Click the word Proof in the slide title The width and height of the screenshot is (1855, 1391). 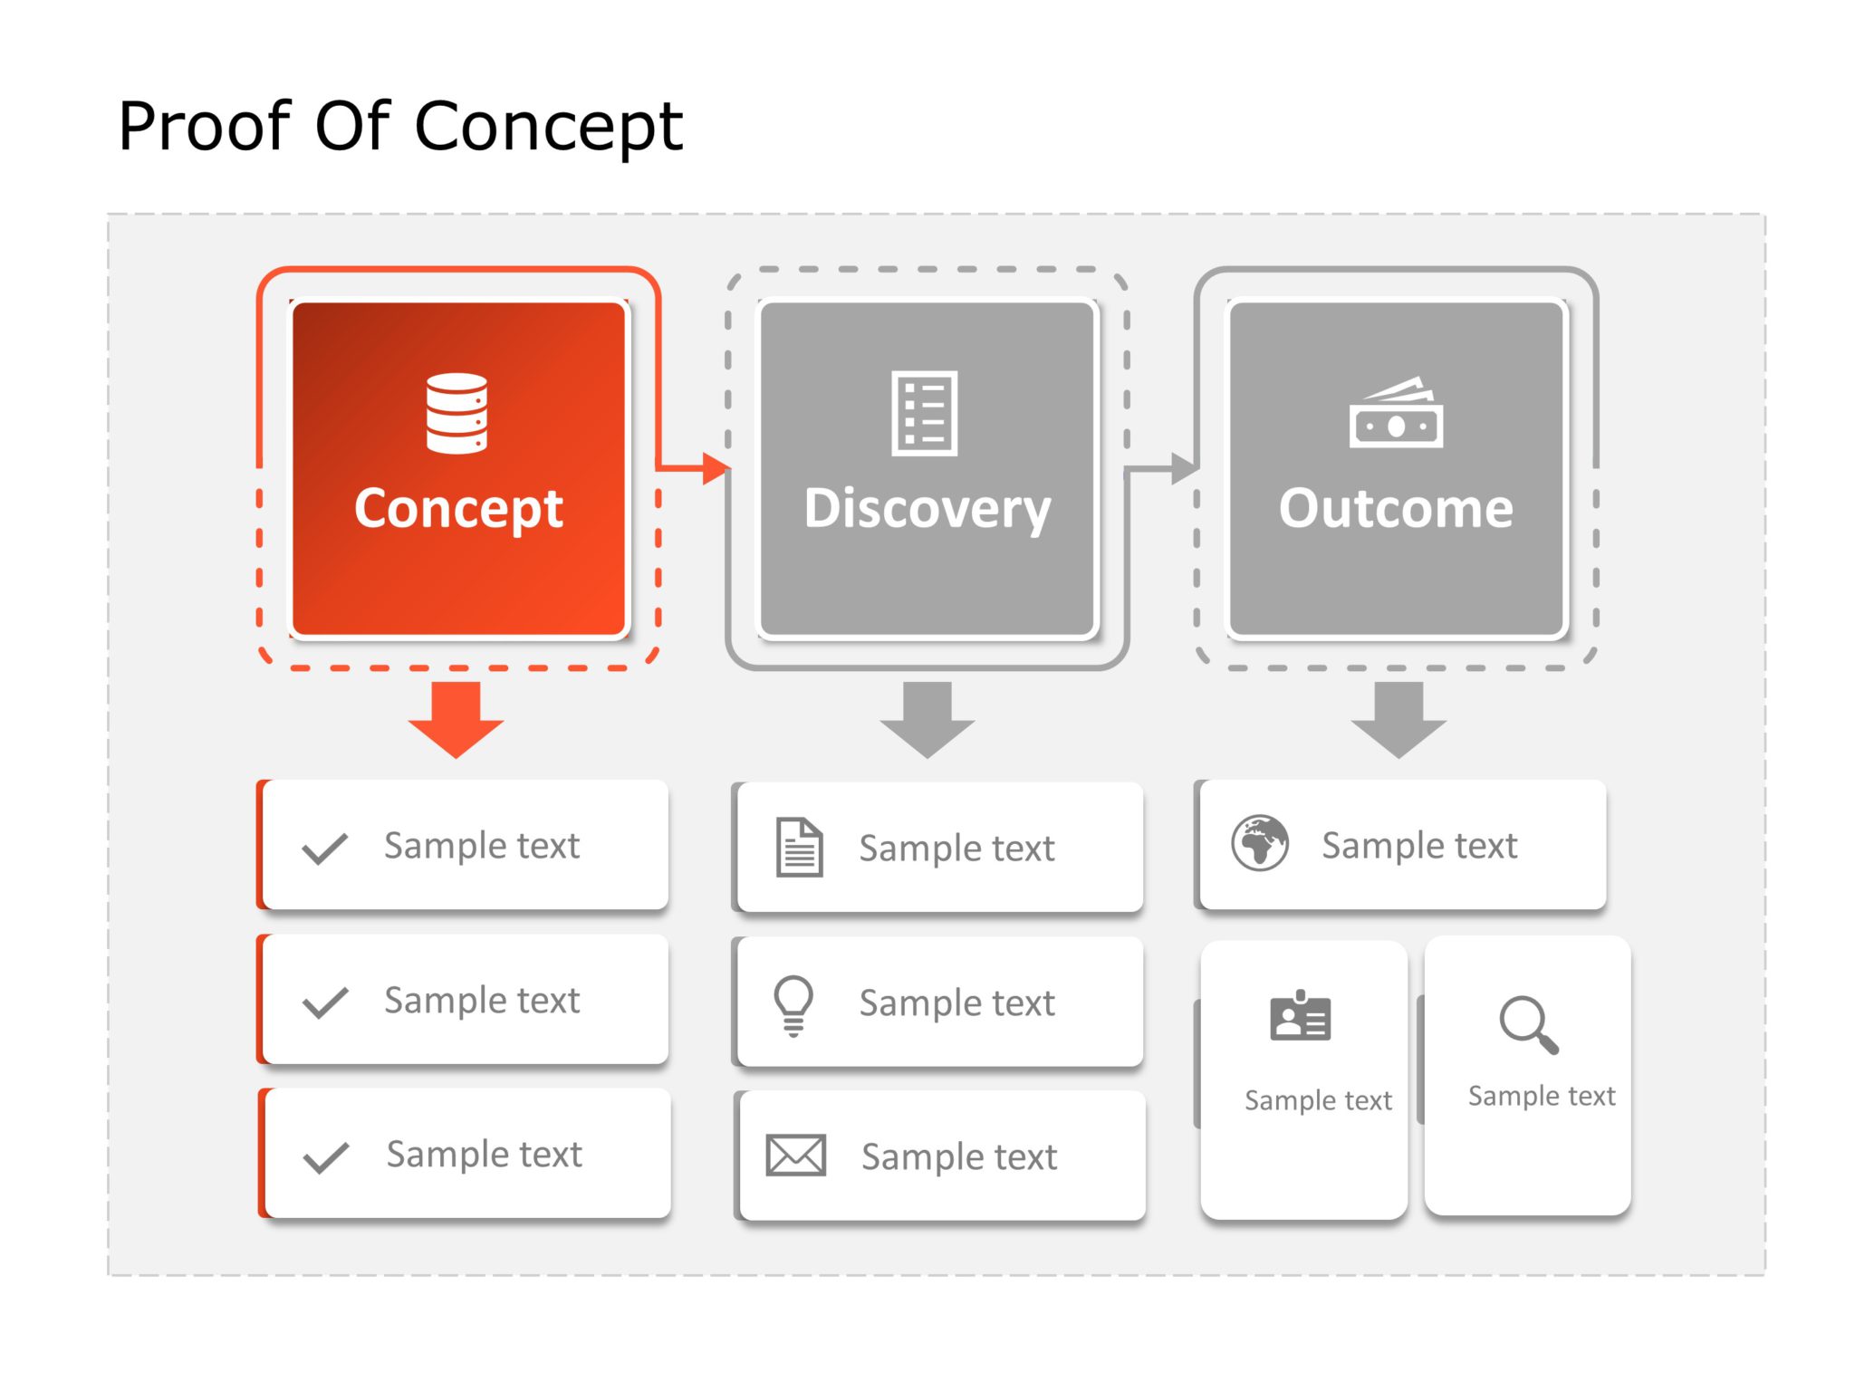[x=205, y=126]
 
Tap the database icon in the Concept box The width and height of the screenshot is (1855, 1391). [x=457, y=413]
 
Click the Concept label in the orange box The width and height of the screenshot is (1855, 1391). [x=458, y=508]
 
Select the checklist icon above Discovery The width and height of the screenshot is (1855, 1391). [x=924, y=413]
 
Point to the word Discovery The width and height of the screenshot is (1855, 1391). [x=927, y=508]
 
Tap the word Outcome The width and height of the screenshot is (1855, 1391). [x=1395, y=508]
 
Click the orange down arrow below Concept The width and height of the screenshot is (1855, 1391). [x=456, y=720]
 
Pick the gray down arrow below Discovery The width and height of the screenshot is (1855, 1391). [x=927, y=720]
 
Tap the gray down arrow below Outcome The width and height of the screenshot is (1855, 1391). [x=1398, y=720]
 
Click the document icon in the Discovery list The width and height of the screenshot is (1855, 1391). [x=799, y=848]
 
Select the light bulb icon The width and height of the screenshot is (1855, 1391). [x=793, y=1004]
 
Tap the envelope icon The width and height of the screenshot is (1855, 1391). [x=795, y=1156]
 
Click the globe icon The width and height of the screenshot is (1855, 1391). [x=1259, y=843]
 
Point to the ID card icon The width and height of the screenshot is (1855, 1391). [x=1300, y=1017]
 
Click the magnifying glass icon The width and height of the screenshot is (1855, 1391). [x=1528, y=1025]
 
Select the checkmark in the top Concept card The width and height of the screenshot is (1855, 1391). [x=324, y=849]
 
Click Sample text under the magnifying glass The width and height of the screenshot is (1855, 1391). [x=1541, y=1096]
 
